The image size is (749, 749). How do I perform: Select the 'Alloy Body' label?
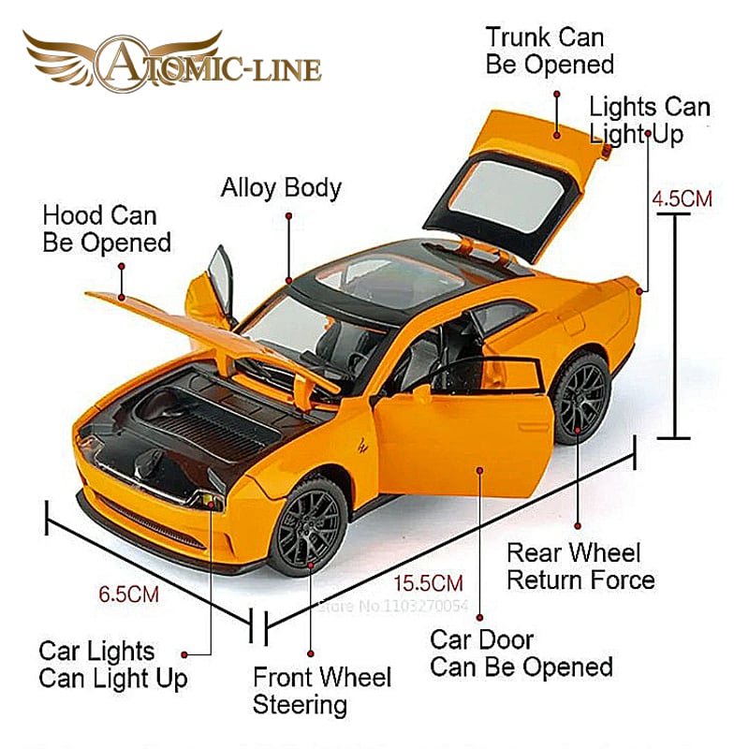[x=281, y=187]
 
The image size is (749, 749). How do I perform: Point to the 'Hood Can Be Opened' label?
[x=107, y=228]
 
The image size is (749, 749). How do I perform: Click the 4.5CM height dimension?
[x=682, y=198]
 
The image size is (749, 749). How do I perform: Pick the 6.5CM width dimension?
[x=128, y=594]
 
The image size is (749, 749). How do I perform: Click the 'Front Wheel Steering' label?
[x=322, y=690]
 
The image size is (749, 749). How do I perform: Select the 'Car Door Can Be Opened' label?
[x=521, y=654]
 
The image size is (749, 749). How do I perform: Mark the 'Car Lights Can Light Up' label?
[x=112, y=664]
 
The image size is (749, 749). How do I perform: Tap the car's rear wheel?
[x=581, y=398]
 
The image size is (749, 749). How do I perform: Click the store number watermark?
[x=392, y=606]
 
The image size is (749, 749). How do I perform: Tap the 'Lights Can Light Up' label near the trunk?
[x=650, y=120]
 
